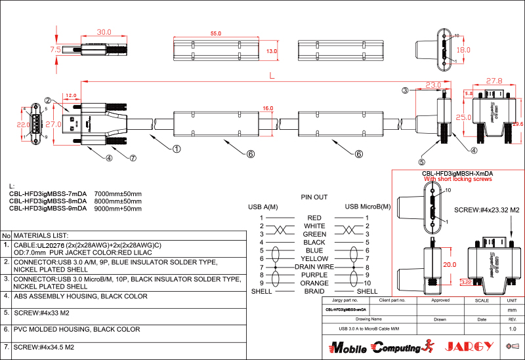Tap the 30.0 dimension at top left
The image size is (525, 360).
tap(104, 31)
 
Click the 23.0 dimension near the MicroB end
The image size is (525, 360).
tap(433, 85)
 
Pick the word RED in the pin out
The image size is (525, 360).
tap(314, 217)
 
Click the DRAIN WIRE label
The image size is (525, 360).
tap(314, 267)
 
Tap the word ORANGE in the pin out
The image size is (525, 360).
tap(314, 283)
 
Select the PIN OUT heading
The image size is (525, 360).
tap(314, 197)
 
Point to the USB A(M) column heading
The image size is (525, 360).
tap(262, 207)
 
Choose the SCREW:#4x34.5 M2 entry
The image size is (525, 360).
tap(46, 346)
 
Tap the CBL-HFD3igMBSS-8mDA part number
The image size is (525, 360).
tap(47, 201)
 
